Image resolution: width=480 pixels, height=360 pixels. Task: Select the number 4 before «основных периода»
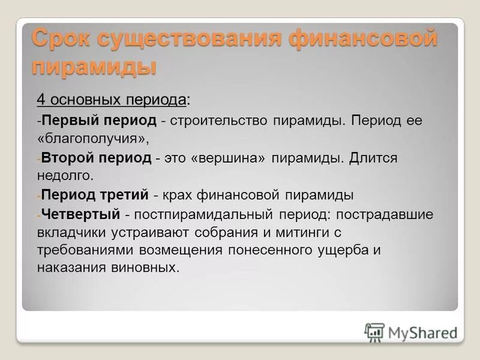pos(41,99)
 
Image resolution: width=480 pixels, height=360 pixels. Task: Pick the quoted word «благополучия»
pos(92,139)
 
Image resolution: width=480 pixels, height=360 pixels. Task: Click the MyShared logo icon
pos(374,332)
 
